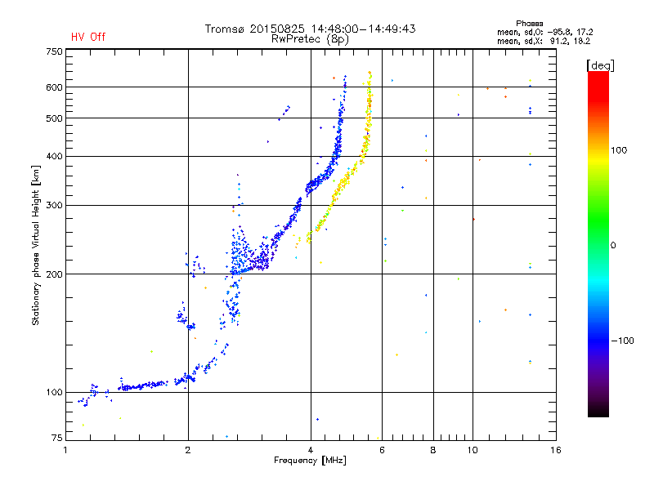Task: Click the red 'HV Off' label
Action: coord(88,37)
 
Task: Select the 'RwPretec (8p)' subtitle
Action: coord(310,39)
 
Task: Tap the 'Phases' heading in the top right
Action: coord(529,24)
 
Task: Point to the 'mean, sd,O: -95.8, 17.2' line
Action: coord(544,32)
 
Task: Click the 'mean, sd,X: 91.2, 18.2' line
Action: coord(544,41)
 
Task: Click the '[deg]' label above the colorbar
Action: coord(600,65)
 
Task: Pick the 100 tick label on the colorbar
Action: coord(619,150)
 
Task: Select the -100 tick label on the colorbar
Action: coord(622,341)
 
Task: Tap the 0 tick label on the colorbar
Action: coord(613,246)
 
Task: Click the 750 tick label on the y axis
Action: coord(54,51)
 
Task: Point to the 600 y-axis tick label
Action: coord(54,87)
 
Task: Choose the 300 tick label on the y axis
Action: coord(54,206)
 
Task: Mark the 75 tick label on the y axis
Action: coord(57,438)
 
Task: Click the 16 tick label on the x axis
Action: coord(556,450)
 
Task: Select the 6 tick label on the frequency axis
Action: coord(382,450)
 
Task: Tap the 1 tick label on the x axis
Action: coord(65,450)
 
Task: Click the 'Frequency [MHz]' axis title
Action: coord(310,461)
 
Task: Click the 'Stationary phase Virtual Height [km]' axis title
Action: coord(36,245)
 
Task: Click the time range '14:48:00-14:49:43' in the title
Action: coord(363,29)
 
